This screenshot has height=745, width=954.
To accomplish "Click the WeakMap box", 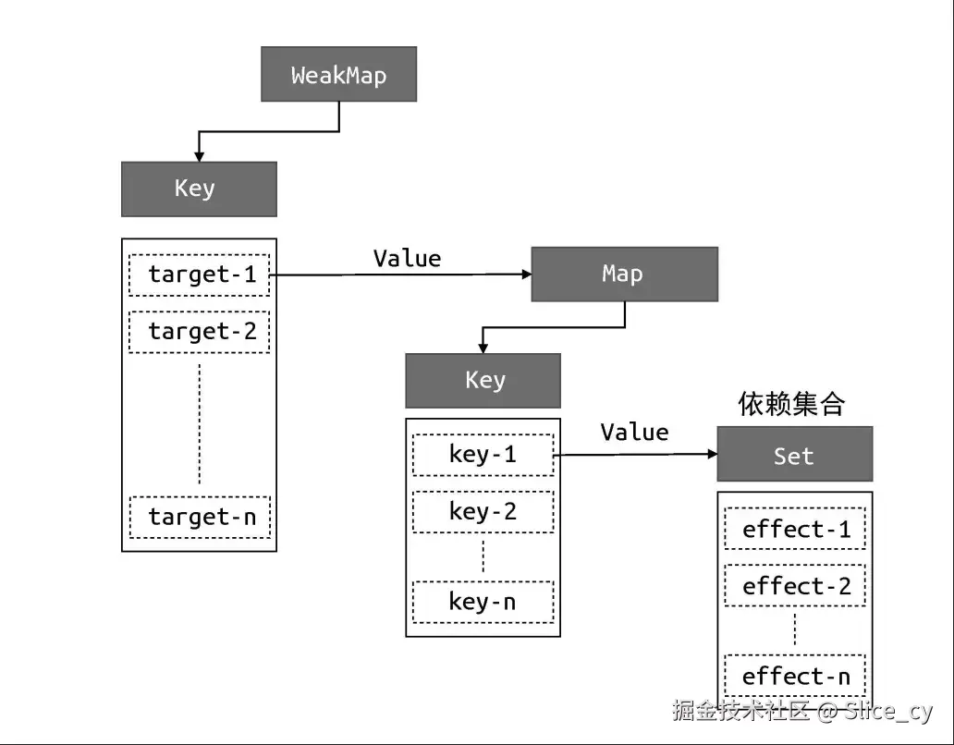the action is pyautogui.click(x=339, y=74).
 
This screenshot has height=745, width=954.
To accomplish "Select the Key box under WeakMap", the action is pyautogui.click(x=199, y=189).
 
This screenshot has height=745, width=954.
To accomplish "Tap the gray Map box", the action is pyautogui.click(x=624, y=275).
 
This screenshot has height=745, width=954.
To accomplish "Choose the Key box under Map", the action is pyautogui.click(x=483, y=381).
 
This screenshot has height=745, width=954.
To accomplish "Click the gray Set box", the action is pyautogui.click(x=795, y=454).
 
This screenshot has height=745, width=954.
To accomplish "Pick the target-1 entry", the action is pyautogui.click(x=199, y=275).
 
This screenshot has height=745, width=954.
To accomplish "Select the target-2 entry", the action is pyautogui.click(x=199, y=332).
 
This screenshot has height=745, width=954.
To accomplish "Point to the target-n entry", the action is pyautogui.click(x=200, y=518).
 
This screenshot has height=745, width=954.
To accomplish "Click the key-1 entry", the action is pyautogui.click(x=483, y=455).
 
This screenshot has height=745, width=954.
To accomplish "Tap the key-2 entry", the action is pyautogui.click(x=483, y=512).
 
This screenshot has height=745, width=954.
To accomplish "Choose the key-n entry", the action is pyautogui.click(x=483, y=602).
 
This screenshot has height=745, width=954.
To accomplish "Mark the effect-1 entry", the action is pyautogui.click(x=795, y=529).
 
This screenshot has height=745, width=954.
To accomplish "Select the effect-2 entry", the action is pyautogui.click(x=795, y=586).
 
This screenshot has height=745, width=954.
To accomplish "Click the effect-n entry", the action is pyautogui.click(x=795, y=676).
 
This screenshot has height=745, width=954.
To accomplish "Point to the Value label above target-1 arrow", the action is pyautogui.click(x=407, y=259).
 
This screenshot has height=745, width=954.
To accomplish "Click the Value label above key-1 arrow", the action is pyautogui.click(x=634, y=433).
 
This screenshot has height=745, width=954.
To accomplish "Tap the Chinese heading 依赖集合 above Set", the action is pyautogui.click(x=791, y=404).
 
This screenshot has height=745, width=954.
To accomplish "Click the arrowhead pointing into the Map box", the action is pyautogui.click(x=528, y=275).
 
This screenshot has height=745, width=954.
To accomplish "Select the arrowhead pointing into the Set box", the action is pyautogui.click(x=713, y=454).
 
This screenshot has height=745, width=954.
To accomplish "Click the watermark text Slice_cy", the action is pyautogui.click(x=887, y=711).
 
